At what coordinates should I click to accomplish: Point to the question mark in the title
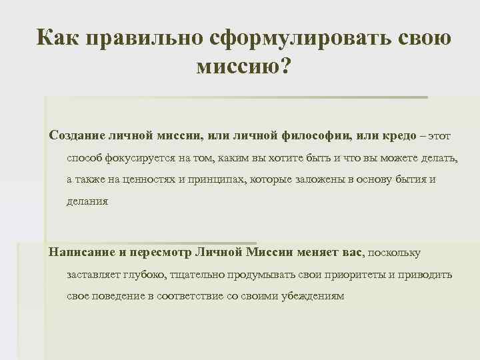[287, 67]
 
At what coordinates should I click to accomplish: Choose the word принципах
[211, 180]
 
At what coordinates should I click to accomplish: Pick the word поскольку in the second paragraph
[395, 253]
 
